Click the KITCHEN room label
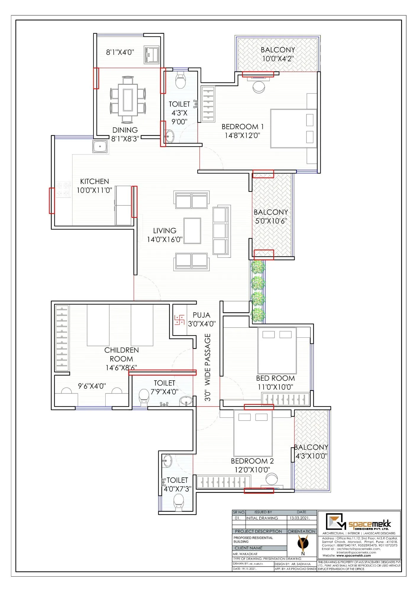point(94,181)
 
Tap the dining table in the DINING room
point(128,99)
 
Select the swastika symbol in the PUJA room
point(179,320)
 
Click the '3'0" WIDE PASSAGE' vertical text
point(208,367)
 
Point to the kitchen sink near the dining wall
point(100,147)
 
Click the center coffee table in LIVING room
point(192,231)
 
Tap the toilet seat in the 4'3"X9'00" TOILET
point(180,81)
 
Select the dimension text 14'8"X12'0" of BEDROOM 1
point(242,135)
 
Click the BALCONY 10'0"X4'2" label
point(277,54)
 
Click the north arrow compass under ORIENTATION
point(303,543)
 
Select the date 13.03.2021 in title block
point(299,518)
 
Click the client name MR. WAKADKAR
point(245,554)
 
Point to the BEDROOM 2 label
point(252,461)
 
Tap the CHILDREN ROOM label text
point(121,354)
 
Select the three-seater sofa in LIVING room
point(221,231)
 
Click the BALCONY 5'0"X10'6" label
point(271,216)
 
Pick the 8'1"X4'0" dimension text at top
point(120,52)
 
